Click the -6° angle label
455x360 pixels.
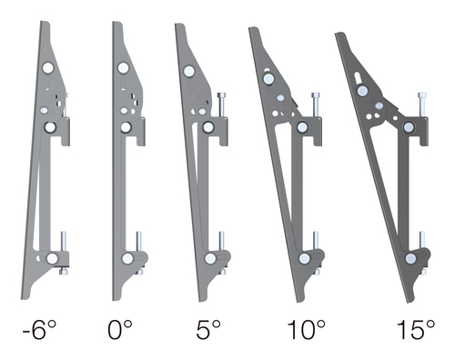39,330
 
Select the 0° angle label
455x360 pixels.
120,330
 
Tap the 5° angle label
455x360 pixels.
208,330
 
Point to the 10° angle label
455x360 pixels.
306,330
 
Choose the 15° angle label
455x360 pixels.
416,330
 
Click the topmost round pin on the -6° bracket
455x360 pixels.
48,68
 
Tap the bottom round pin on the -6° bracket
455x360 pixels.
52,258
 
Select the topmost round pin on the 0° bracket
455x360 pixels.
123,68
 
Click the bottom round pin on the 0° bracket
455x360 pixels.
127,258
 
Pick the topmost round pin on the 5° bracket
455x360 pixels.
189,71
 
